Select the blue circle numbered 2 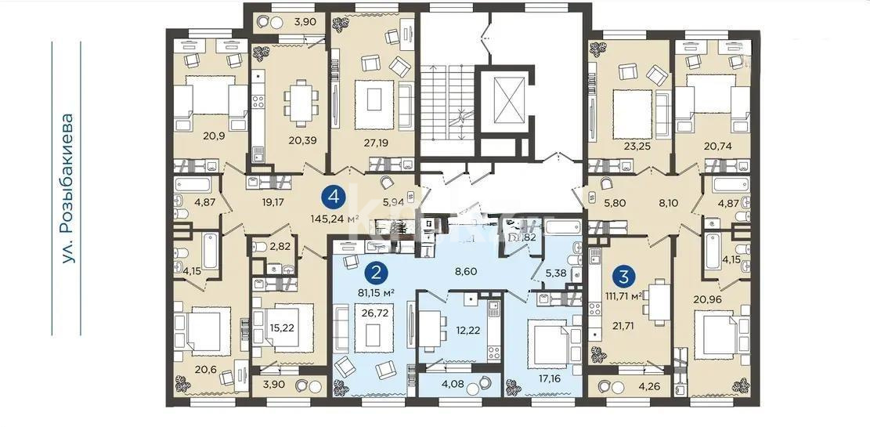click(377, 273)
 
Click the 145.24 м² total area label click(334, 219)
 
